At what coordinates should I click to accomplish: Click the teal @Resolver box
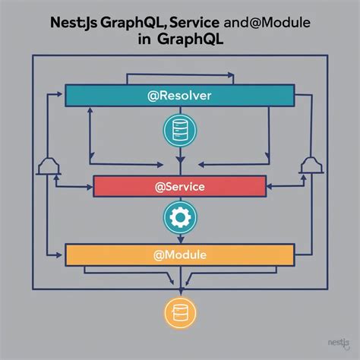(180, 96)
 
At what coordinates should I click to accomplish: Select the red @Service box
(180, 186)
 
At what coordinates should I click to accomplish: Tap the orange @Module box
(180, 254)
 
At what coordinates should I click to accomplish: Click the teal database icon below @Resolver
(180, 131)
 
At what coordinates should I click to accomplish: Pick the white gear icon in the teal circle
(180, 217)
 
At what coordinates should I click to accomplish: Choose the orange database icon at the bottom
(180, 313)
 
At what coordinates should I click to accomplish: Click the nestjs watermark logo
(339, 344)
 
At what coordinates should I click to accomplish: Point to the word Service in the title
(194, 23)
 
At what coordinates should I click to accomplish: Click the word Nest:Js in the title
(74, 23)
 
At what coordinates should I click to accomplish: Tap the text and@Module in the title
(267, 23)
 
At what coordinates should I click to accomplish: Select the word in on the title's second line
(144, 39)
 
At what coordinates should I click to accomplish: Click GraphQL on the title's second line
(191, 40)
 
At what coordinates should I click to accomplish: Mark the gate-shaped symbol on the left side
(49, 166)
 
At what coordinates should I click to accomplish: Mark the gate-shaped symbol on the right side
(311, 166)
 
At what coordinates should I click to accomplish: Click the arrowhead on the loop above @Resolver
(231, 75)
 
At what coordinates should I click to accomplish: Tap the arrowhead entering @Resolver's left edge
(59, 94)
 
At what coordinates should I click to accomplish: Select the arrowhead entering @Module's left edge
(59, 255)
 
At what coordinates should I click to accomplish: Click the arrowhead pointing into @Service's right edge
(270, 187)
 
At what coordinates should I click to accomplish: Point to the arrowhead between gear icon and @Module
(180, 239)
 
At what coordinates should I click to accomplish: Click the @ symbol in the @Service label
(159, 187)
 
